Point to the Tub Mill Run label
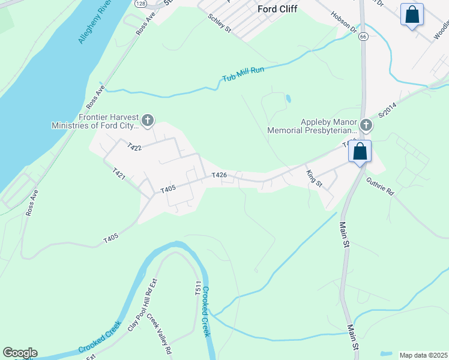[x=243, y=74]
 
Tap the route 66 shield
[x=363, y=37]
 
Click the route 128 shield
[x=140, y=4]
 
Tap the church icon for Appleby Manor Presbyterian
[x=367, y=125]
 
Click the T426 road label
[x=219, y=175]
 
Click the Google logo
[x=20, y=353]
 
